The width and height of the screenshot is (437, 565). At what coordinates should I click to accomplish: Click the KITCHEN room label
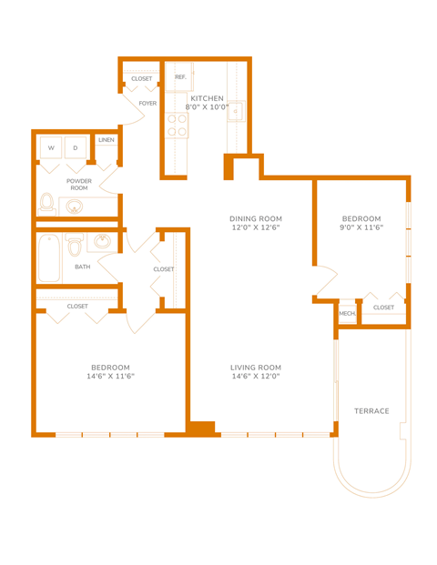[207, 98]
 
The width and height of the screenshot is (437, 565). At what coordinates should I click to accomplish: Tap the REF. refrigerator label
[180, 77]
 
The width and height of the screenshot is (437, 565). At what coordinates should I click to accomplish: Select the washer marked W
[51, 147]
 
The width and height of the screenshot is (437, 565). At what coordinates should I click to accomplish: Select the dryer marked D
[76, 147]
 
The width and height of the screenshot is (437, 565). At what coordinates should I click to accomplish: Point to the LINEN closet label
[106, 140]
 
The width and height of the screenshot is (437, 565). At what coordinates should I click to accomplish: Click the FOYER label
[147, 104]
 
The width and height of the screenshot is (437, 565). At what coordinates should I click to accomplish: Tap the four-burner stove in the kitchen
[177, 126]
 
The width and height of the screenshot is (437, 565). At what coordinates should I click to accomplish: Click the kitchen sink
[237, 112]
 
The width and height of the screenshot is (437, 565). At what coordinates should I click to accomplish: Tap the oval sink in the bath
[104, 242]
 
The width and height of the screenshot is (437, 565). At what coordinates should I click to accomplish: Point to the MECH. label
[347, 314]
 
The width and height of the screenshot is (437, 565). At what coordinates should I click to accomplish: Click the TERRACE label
[371, 411]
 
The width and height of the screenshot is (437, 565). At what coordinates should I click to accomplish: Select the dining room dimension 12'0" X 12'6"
[256, 228]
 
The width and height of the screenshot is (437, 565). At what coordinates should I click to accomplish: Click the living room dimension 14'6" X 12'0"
[255, 376]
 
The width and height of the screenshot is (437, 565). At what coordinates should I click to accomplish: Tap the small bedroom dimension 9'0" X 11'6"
[361, 228]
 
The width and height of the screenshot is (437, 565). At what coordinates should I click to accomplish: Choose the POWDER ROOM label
[79, 185]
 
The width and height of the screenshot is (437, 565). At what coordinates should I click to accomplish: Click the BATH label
[83, 267]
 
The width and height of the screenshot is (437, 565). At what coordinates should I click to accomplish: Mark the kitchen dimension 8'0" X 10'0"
[207, 108]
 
